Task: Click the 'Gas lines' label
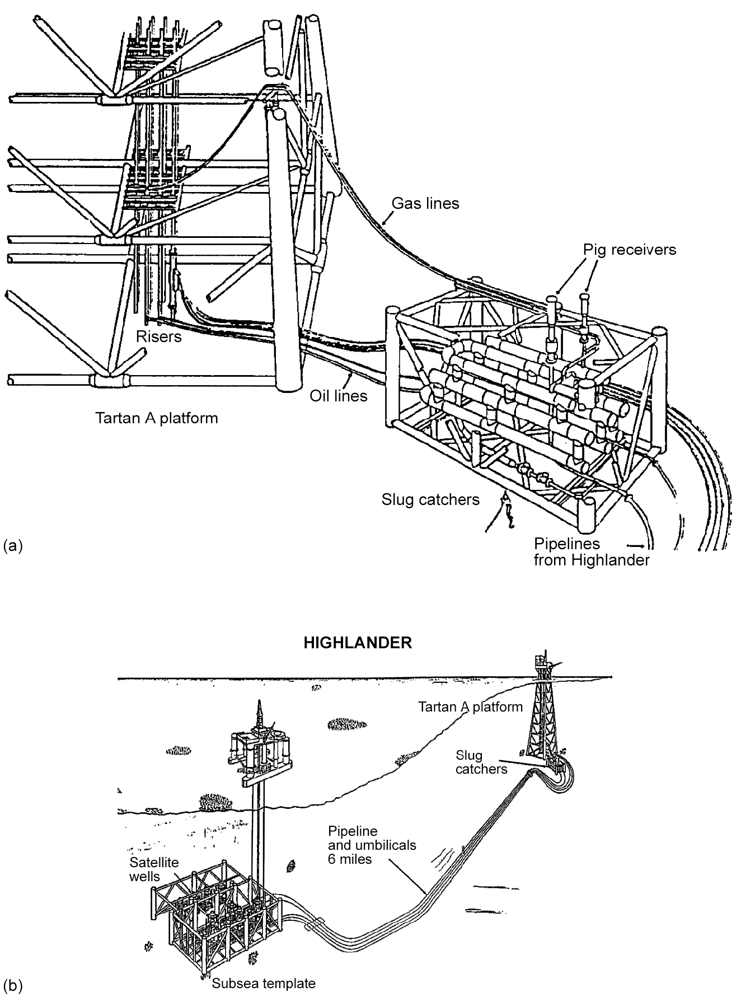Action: (x=425, y=203)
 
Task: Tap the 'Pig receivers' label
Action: (x=630, y=250)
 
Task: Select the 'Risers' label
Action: (x=159, y=336)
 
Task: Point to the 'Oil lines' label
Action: (x=339, y=396)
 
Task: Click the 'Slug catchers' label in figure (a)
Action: (x=430, y=499)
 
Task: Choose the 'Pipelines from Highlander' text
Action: (x=591, y=552)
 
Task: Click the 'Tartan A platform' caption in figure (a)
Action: (x=156, y=418)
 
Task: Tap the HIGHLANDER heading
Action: (x=358, y=643)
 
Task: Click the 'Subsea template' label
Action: (x=264, y=983)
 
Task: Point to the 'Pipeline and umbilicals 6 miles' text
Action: (x=372, y=845)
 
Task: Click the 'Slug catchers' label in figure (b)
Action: (x=481, y=762)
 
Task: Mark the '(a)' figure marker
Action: (x=13, y=545)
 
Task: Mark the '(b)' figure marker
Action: (x=13, y=985)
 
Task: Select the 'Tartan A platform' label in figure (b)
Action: (x=470, y=707)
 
